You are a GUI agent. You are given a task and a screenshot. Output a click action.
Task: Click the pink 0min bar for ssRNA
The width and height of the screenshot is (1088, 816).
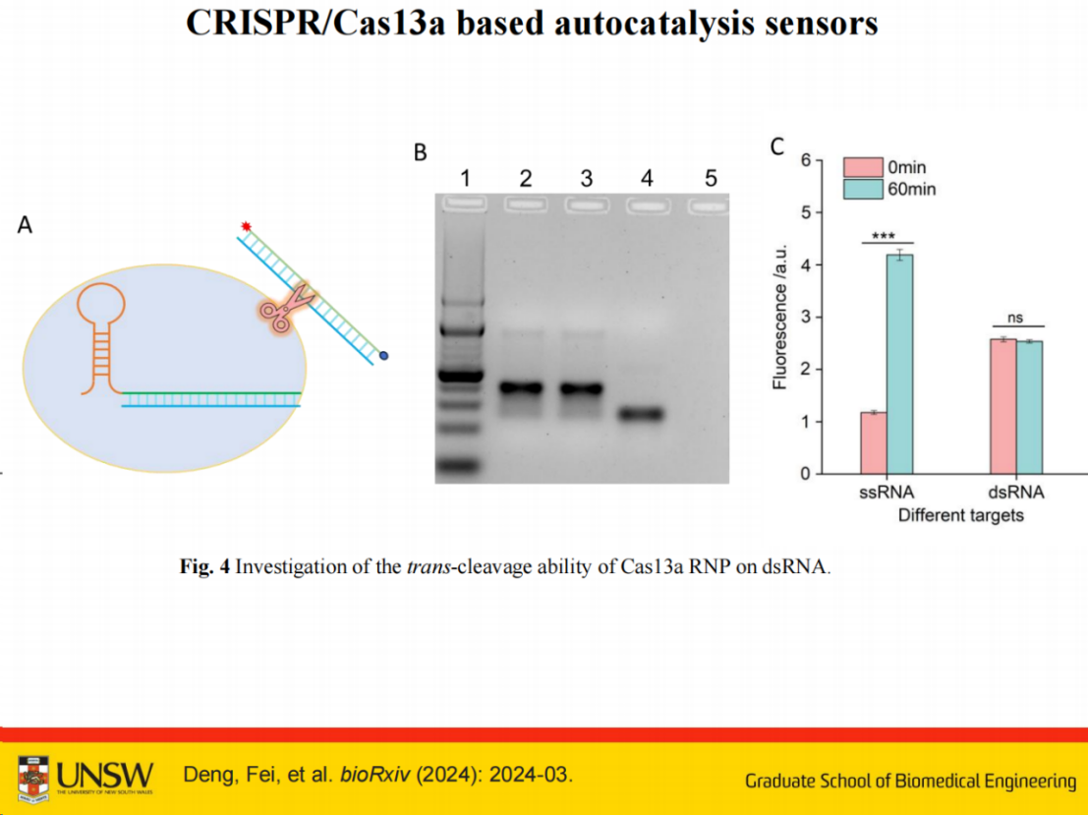coord(874,442)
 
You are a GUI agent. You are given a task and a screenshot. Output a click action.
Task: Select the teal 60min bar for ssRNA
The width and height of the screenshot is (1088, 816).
coord(900,365)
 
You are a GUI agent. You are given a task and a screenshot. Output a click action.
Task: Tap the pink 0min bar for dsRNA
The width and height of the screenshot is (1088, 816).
coord(1002,407)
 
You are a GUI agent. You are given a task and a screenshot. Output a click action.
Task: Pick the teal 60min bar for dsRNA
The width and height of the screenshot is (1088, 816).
coord(1029,408)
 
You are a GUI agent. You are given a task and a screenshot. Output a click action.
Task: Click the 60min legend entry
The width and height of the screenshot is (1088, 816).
coord(889,190)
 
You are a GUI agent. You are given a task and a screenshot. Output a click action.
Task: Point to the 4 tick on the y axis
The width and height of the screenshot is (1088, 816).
coord(806,265)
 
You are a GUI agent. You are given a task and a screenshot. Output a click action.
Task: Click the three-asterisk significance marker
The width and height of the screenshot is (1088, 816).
coord(884,236)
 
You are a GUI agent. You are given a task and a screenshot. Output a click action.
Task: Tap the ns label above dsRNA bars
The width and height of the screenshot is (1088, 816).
coord(1015,318)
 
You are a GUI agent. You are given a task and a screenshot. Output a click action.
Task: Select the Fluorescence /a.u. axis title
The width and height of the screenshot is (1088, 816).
coord(780,317)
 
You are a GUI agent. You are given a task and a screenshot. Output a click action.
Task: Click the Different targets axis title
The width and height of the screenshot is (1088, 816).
coord(961,515)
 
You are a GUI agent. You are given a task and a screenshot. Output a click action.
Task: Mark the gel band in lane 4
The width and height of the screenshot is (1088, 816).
coord(642,414)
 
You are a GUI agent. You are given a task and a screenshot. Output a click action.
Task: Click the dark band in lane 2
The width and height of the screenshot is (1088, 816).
coord(521,388)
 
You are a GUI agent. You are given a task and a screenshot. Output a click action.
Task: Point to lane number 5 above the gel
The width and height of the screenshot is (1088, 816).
coord(711,178)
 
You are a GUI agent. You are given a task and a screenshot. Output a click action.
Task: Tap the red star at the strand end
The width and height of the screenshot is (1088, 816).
coord(246,226)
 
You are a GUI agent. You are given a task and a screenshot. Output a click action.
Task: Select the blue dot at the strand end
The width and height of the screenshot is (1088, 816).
coord(383,356)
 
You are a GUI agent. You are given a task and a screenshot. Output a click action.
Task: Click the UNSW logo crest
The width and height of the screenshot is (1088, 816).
coord(32,780)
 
